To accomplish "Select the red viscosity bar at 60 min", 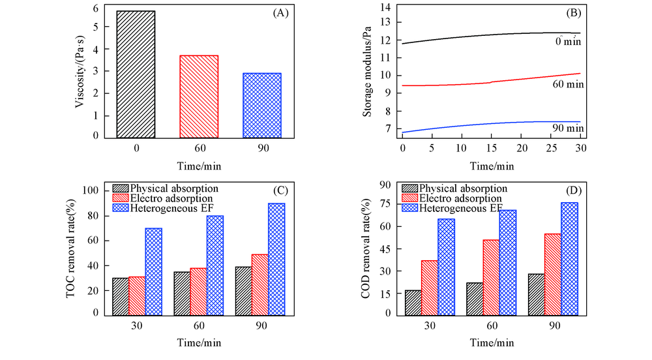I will coord(199,97).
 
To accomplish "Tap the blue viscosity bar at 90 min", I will coord(261,105).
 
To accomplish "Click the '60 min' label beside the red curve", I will coord(564,85).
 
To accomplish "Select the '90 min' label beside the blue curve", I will coord(564,128).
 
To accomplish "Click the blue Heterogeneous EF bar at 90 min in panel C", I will coord(277,258).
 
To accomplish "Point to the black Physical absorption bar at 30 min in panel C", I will coord(121,295).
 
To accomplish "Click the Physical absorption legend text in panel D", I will coord(464,189).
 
